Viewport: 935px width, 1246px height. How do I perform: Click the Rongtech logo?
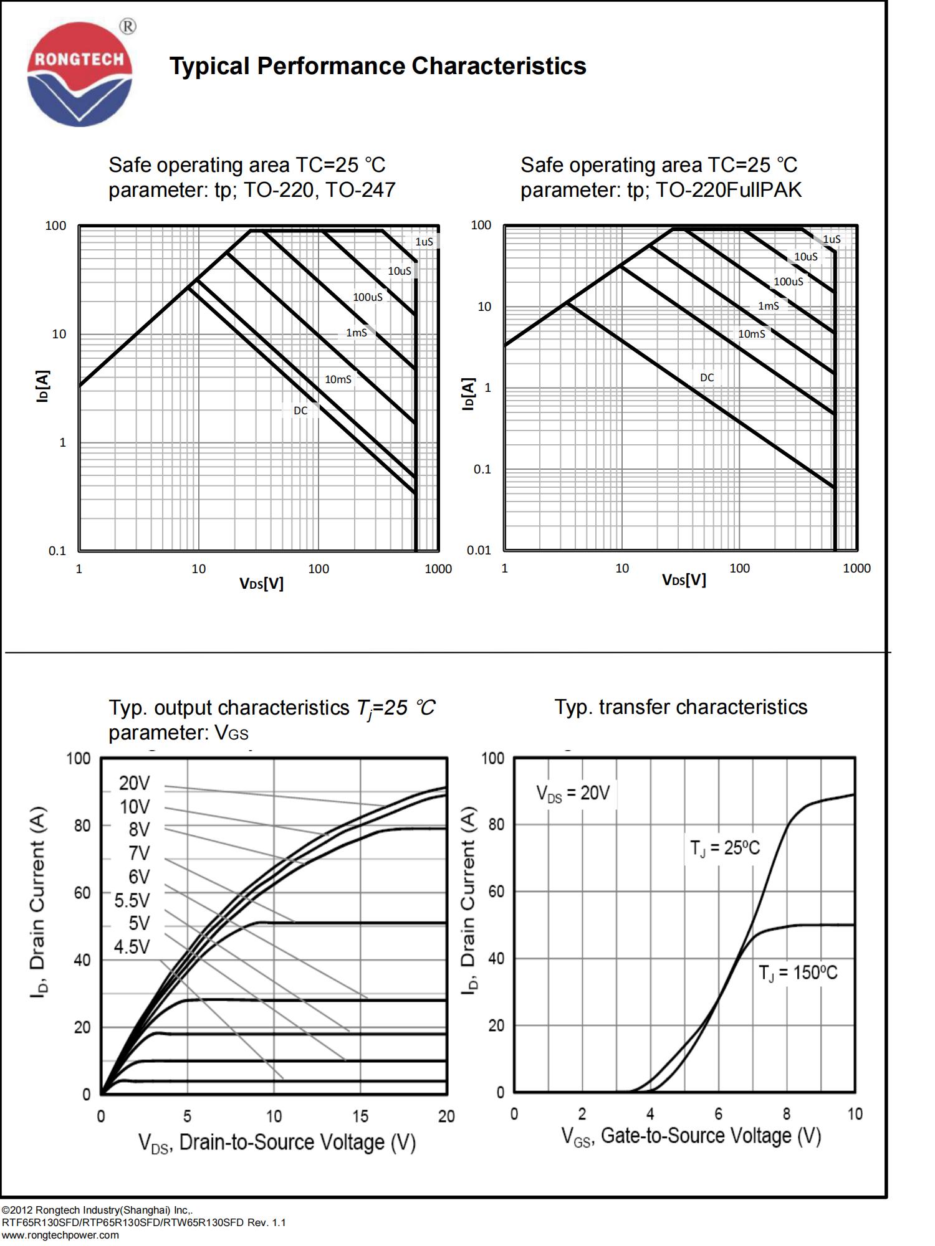coord(79,74)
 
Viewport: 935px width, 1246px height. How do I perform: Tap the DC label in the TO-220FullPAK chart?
coord(707,378)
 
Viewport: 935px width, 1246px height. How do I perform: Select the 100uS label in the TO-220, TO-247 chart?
coord(368,297)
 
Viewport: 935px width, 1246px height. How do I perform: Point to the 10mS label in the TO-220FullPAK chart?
coord(751,334)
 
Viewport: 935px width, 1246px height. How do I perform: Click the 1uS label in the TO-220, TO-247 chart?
coord(424,242)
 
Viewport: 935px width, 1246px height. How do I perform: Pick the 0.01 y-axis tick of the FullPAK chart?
coord(479,550)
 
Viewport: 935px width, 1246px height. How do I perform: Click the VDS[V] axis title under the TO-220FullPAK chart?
coord(684,580)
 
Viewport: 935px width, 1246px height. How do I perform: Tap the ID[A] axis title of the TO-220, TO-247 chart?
coord(42,386)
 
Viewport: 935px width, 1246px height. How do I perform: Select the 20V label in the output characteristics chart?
coord(135,783)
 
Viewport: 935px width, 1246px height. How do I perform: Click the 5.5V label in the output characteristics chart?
coord(132,900)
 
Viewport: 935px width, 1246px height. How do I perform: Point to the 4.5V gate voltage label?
coord(132,947)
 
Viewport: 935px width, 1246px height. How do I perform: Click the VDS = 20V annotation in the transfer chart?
coord(573,793)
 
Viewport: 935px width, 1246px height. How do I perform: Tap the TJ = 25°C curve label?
coord(725,848)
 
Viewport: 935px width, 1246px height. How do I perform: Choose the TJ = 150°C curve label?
coord(798,973)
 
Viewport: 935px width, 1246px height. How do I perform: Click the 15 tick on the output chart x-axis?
coord(360,1116)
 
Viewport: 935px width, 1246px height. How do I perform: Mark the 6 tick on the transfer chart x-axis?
coord(718,1114)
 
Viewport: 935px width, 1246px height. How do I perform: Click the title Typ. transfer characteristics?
coord(681,707)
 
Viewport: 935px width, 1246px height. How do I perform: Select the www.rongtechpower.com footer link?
coord(60,1235)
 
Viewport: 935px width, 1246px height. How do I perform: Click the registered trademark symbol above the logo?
coord(127,26)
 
